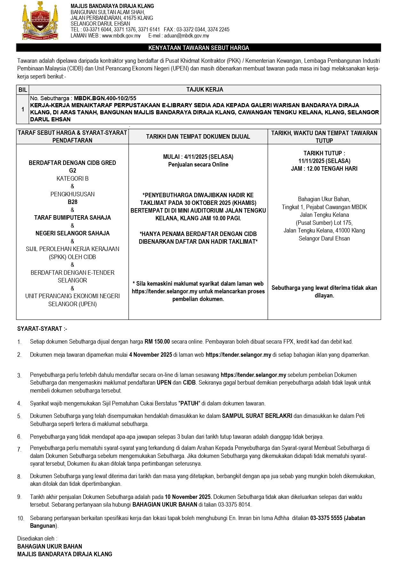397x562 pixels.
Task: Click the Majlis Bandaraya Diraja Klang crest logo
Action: (x=40, y=21)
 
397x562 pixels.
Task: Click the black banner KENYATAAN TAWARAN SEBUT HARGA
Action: (x=198, y=48)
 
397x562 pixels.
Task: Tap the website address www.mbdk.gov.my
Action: (x=121, y=36)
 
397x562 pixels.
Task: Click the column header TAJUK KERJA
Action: (x=205, y=90)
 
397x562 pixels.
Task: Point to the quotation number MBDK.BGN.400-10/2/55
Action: (x=105, y=98)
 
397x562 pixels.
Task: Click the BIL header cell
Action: (x=22, y=90)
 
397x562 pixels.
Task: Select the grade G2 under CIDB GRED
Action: (x=72, y=170)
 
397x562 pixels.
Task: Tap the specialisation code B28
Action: (x=72, y=202)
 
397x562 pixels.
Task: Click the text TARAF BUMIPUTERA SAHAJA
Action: (x=72, y=217)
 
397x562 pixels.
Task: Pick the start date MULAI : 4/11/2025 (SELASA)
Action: (x=198, y=157)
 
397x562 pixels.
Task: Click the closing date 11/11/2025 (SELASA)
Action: (x=324, y=161)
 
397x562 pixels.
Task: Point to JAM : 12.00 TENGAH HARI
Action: (x=324, y=168)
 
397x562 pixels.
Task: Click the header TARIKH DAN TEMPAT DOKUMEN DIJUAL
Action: (x=198, y=136)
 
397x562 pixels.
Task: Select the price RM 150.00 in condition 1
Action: (x=157, y=341)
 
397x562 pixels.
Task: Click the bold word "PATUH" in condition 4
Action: (x=190, y=403)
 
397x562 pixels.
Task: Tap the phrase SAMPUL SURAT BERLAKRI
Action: (x=257, y=416)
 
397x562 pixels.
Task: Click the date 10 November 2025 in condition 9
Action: (x=188, y=497)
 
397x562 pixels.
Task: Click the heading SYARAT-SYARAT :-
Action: (x=42, y=329)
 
